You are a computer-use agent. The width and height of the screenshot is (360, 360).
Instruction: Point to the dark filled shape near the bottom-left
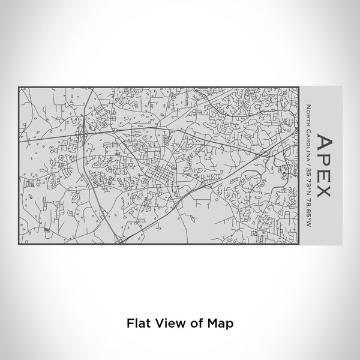coord(47,230)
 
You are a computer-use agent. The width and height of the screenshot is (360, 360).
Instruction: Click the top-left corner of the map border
coord(19,87)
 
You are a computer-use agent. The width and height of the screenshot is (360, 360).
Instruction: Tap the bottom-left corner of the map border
coord(19,243)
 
